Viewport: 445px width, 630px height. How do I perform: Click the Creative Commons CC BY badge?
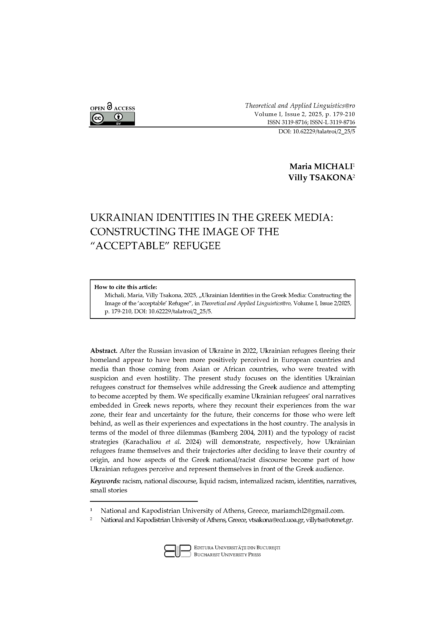113,119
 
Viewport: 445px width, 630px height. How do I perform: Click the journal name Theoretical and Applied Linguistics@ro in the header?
300,106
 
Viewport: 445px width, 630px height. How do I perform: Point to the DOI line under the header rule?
316,131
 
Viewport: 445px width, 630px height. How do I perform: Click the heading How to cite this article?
125,287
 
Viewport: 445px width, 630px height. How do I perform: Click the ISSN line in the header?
311,122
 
